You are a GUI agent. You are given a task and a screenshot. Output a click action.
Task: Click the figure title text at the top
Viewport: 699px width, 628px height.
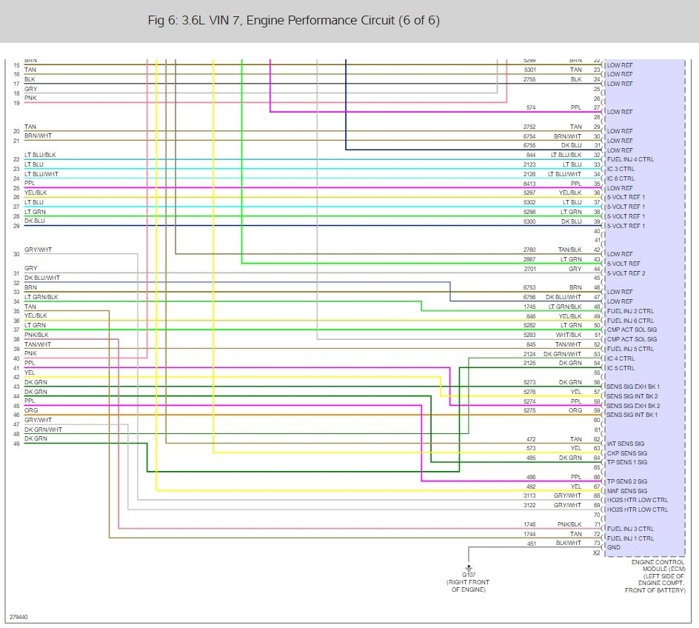pos(294,20)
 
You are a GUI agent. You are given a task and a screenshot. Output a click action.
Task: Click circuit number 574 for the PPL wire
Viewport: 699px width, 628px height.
pos(530,107)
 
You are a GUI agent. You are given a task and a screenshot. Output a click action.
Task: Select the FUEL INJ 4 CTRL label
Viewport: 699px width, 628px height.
pos(630,159)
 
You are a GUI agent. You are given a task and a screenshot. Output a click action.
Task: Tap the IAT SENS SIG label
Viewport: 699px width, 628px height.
pos(625,444)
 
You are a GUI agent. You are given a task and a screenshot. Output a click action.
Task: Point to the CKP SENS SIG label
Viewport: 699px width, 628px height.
pos(626,453)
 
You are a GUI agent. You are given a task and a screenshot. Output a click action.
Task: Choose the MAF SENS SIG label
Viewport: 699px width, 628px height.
pos(626,491)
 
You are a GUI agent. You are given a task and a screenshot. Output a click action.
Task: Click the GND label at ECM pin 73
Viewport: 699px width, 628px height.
pos(613,547)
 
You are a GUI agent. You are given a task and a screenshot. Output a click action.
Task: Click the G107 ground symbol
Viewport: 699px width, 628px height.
pos(469,564)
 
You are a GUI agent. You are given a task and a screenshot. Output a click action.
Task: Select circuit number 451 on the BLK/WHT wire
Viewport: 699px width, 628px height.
pos(530,543)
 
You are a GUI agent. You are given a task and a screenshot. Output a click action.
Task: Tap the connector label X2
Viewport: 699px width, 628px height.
pos(596,552)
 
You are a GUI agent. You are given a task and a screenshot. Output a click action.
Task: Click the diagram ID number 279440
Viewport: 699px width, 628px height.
pos(19,615)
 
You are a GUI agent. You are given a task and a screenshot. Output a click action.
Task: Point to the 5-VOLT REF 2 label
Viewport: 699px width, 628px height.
pos(626,273)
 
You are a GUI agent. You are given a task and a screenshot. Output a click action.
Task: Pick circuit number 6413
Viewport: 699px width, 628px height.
pos(529,183)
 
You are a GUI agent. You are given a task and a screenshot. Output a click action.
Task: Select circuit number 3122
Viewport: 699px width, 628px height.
pos(529,505)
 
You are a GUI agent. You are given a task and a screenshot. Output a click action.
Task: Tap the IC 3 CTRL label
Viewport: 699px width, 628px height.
pos(621,169)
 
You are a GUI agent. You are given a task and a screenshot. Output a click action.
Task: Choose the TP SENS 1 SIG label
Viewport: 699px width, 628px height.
pos(626,462)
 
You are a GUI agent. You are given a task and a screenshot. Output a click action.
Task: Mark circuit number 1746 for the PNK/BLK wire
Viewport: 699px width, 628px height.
pos(529,524)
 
